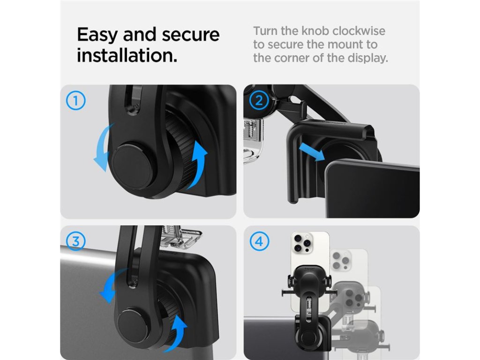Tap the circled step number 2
pos(259,100)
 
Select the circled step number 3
pos(75,241)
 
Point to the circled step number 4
pos(259,241)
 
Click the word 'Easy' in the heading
pos(97,35)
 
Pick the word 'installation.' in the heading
pos(127,55)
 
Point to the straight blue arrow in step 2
pos(312,151)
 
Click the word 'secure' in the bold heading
pos(191,35)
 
